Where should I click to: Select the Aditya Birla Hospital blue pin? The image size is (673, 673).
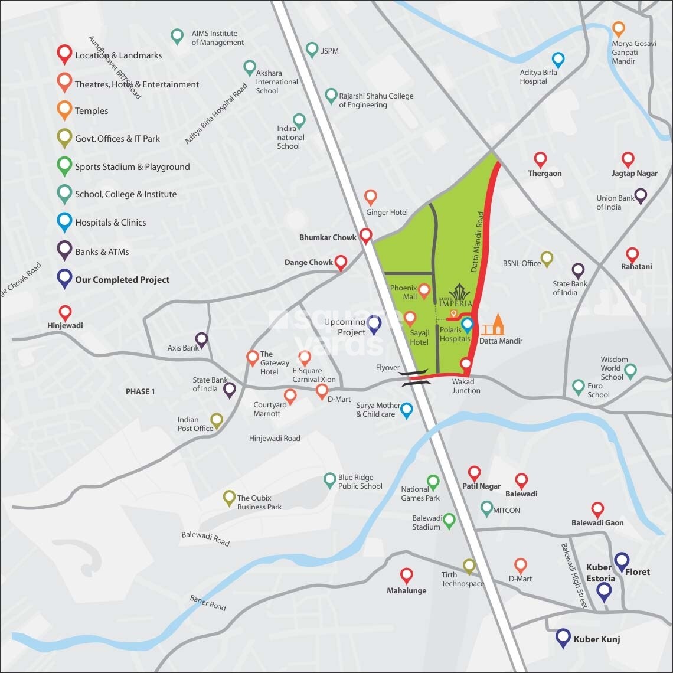[558, 60]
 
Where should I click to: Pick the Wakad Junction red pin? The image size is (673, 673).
[466, 364]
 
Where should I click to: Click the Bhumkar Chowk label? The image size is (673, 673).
[328, 237]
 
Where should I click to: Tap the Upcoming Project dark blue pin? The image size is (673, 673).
[374, 323]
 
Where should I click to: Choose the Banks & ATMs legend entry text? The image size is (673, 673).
[102, 252]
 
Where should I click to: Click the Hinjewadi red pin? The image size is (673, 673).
[66, 312]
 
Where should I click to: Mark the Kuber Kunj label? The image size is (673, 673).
[596, 639]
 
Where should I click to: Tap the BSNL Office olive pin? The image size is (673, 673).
[547, 258]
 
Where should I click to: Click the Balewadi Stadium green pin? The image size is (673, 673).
[449, 521]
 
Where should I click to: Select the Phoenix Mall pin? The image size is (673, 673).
[424, 289]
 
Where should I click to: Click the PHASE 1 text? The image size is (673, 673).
[140, 392]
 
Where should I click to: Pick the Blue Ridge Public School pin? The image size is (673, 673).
[330, 480]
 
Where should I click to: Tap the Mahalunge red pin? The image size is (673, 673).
[406, 575]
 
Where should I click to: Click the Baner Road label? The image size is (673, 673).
[207, 603]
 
